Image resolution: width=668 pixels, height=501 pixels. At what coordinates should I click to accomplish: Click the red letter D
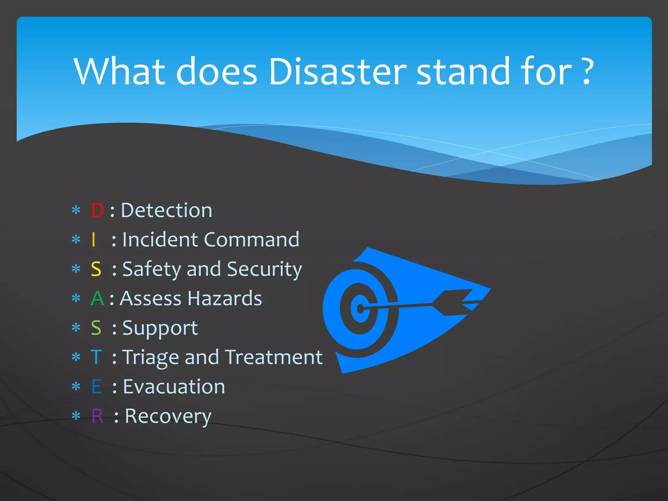98,210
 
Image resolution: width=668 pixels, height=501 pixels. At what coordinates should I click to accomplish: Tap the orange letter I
94,240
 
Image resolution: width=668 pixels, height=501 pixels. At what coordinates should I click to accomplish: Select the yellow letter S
96,269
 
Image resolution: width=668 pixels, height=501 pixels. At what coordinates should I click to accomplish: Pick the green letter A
97,298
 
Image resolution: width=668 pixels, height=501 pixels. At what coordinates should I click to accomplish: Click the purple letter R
97,416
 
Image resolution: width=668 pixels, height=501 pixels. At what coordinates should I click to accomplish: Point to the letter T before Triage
96,357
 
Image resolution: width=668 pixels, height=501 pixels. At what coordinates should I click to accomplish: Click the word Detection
166,210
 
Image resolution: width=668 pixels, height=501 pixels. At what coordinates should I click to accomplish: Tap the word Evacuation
174,387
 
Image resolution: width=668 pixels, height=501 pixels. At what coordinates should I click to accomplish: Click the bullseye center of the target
360,308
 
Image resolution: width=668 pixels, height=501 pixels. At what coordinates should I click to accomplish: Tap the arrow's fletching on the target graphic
457,302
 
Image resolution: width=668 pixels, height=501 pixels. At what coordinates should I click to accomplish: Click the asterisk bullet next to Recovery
76,416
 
